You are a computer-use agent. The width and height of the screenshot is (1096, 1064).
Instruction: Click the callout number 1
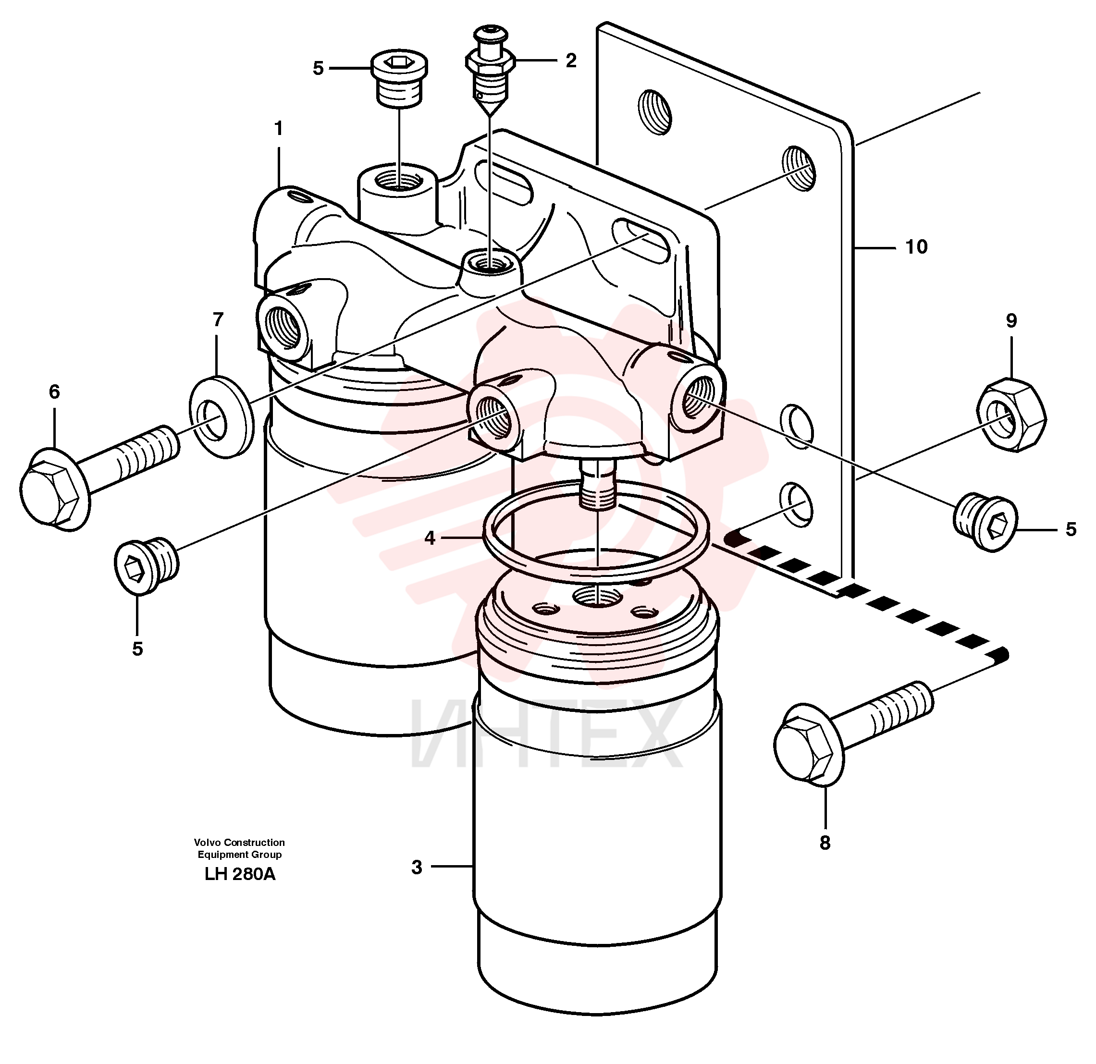click(278, 129)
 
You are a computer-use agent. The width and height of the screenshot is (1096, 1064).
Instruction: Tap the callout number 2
click(570, 61)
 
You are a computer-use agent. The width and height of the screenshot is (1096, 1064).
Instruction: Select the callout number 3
click(417, 867)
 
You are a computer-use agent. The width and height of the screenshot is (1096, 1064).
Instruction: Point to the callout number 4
click(430, 538)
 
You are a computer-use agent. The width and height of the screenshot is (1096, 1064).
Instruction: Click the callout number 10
click(916, 246)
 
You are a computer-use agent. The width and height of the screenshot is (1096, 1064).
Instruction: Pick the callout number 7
click(218, 319)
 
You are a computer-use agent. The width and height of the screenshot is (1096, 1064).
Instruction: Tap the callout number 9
click(1011, 320)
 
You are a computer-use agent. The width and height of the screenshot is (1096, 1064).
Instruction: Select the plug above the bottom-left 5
click(147, 566)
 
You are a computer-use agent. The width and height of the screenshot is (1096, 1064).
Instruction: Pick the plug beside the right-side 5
click(984, 522)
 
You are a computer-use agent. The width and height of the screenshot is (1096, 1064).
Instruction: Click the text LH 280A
click(240, 874)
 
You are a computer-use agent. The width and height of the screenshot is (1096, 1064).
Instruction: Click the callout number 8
click(825, 843)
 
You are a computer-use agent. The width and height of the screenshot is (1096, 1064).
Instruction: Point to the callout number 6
click(54, 392)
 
